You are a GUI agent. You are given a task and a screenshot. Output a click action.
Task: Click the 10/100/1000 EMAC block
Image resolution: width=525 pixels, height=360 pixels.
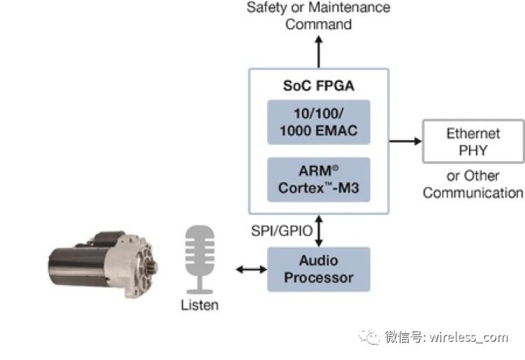318,122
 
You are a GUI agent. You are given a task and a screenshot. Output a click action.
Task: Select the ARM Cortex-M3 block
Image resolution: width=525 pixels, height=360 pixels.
318,180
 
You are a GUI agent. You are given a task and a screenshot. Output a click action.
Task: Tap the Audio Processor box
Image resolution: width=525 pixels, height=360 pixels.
318,269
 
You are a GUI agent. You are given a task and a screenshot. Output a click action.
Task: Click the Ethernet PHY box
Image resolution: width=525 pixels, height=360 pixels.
473,141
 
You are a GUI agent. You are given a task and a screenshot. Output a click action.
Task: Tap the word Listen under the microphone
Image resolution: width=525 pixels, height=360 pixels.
200,305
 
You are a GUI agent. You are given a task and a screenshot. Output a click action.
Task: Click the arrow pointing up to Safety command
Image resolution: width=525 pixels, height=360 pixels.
319,51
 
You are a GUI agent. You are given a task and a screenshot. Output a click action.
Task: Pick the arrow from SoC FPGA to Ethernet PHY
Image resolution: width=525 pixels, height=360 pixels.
405,141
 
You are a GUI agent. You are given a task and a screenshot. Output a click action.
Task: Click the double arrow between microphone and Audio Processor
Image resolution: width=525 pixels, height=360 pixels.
247,269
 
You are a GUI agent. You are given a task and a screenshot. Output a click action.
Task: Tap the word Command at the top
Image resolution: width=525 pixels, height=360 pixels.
318,25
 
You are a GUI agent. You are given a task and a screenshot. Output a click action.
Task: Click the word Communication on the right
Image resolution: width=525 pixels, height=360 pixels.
473,193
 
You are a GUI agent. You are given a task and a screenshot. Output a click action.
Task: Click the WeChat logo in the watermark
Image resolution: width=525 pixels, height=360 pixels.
369,337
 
